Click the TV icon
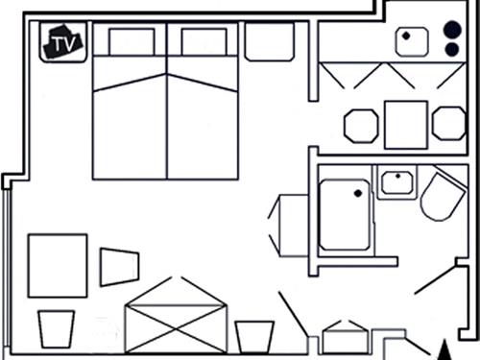63,42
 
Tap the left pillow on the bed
132,42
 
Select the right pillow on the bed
203,42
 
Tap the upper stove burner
451,28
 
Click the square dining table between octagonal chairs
406,125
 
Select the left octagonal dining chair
362,125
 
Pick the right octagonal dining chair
448,123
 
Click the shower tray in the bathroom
345,214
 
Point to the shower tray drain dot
357,194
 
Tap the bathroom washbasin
395,181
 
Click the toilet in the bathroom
444,196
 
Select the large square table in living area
58,265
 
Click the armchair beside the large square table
118,267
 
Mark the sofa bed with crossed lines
175,315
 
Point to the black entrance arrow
443,350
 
